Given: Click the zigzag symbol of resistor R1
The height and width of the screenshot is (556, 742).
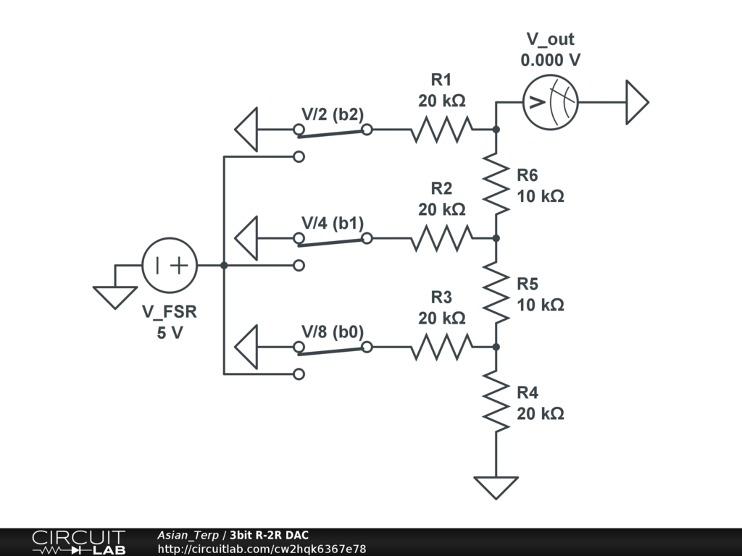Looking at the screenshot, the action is (441, 129).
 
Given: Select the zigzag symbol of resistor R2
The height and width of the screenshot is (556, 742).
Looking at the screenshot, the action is (441, 237).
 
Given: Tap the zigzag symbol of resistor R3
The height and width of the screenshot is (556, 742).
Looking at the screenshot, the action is (441, 347).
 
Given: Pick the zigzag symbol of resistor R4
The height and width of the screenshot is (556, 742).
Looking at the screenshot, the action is (496, 401).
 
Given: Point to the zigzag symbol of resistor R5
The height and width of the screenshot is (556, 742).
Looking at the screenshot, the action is (496, 292).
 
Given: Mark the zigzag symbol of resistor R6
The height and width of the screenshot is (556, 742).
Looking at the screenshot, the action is (496, 183).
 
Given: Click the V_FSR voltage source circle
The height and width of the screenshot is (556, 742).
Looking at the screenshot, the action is (170, 265).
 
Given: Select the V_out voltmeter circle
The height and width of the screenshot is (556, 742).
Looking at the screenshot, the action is (551, 102).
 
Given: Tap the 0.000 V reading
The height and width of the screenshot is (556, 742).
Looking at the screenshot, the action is (551, 60).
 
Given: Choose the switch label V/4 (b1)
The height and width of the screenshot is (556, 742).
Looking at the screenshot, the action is (333, 223).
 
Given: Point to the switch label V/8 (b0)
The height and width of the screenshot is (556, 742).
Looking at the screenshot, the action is (333, 332).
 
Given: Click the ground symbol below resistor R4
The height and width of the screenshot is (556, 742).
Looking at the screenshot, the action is (496, 487).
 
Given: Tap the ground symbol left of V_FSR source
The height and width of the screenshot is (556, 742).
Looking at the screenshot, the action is (115, 298).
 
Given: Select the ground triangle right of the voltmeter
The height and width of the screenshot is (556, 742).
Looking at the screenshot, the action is (637, 102).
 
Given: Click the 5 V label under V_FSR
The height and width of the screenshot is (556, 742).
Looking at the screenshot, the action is (170, 333).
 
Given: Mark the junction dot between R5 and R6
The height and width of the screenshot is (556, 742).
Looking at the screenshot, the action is (496, 237).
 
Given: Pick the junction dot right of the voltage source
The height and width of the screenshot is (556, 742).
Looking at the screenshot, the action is (224, 265).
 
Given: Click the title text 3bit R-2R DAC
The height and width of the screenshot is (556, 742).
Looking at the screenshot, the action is (270, 535).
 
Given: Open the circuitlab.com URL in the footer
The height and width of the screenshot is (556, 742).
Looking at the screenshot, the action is (262, 549).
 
